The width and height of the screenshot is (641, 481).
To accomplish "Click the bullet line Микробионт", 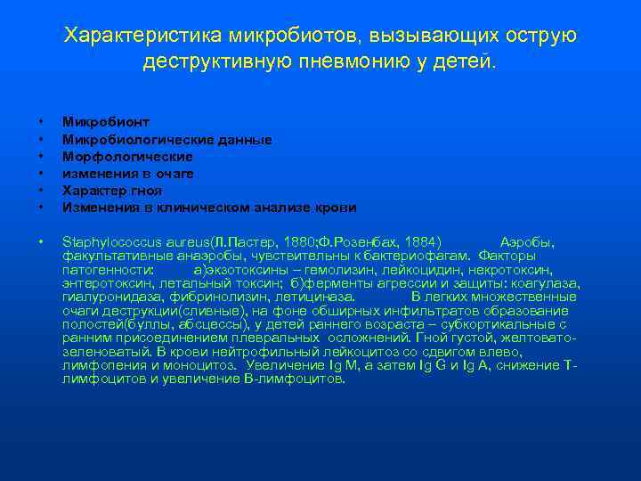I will pyautogui.click(x=106, y=122).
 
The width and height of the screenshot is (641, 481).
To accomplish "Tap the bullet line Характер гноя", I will pyautogui.click(x=112, y=190).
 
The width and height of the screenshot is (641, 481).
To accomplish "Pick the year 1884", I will pyautogui.click(x=423, y=241).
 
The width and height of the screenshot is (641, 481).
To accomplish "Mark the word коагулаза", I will pyautogui.click(x=543, y=284).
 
